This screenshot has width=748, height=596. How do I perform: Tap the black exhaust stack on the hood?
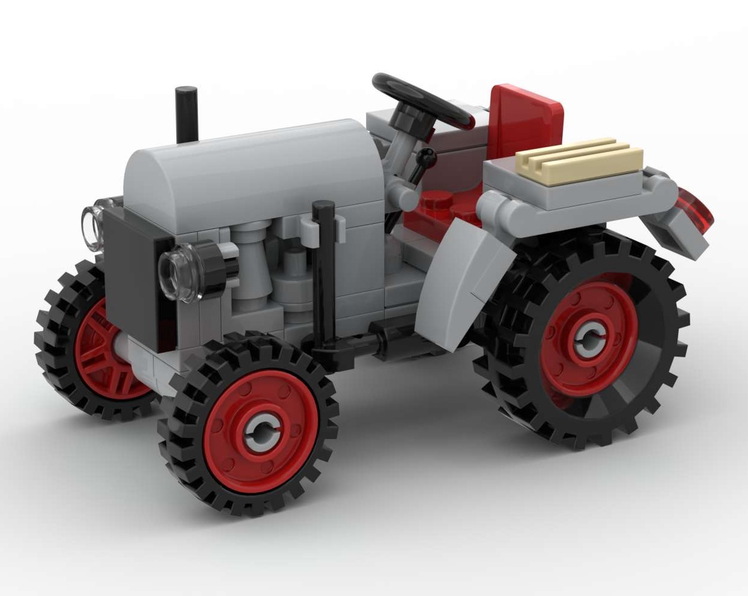tap(186, 113)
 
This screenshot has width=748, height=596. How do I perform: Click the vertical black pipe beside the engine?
tap(323, 277)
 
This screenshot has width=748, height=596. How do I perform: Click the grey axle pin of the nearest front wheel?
tap(262, 428)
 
